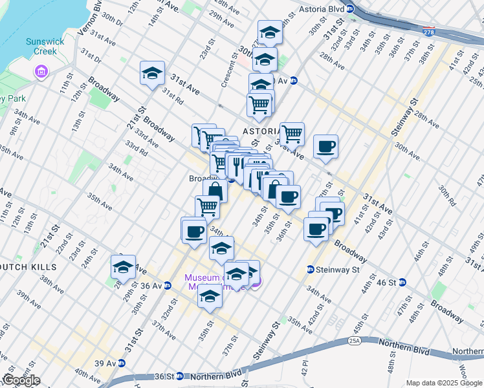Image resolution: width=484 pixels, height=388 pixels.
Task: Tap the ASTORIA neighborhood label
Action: (x=261, y=131)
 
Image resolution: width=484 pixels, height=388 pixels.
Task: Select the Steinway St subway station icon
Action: (x=311, y=270)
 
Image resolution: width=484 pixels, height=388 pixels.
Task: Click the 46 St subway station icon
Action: (x=402, y=282)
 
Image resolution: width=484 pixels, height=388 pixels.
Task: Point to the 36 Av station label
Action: (x=151, y=285)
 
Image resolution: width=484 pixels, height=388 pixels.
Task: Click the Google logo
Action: (x=21, y=380)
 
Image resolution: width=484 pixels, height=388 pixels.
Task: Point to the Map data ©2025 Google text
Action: (x=443, y=383)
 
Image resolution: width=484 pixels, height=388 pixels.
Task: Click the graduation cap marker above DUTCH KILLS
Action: (x=123, y=266)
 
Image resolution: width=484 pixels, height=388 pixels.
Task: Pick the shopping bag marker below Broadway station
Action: (x=215, y=191)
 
